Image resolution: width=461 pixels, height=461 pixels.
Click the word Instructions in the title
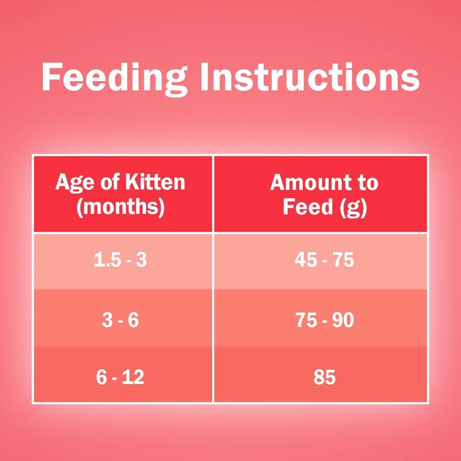[x=310, y=77]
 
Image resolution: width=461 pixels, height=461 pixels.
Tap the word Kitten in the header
[x=155, y=182]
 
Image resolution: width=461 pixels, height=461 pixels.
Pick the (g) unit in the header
[x=354, y=207]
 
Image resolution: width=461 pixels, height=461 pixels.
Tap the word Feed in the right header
[x=307, y=207]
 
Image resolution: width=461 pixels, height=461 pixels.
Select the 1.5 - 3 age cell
[x=120, y=260]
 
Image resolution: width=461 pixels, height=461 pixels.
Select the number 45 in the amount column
[x=306, y=260]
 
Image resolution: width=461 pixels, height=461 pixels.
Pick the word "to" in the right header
[x=368, y=183]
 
